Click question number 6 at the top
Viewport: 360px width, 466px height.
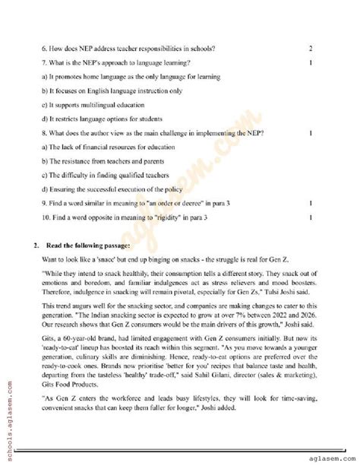[x=44, y=49]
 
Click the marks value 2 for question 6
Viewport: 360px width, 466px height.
[x=311, y=49]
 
